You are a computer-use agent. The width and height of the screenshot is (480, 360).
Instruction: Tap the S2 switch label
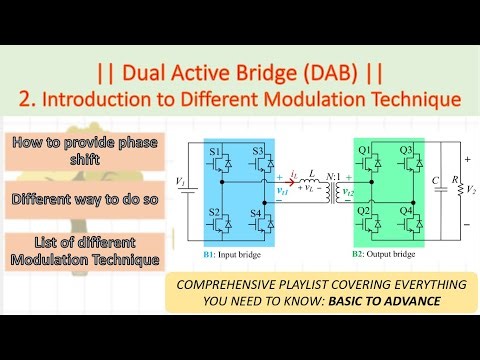[x=214, y=213]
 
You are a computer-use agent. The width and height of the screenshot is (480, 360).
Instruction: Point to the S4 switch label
[x=257, y=213]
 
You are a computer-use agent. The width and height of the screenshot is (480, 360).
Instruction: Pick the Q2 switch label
[x=366, y=213]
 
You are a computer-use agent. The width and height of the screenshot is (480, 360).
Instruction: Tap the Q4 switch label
[x=408, y=213]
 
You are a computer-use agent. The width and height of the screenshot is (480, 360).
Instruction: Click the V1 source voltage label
[x=180, y=182]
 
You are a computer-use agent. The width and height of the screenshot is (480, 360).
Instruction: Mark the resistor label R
[x=456, y=180]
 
